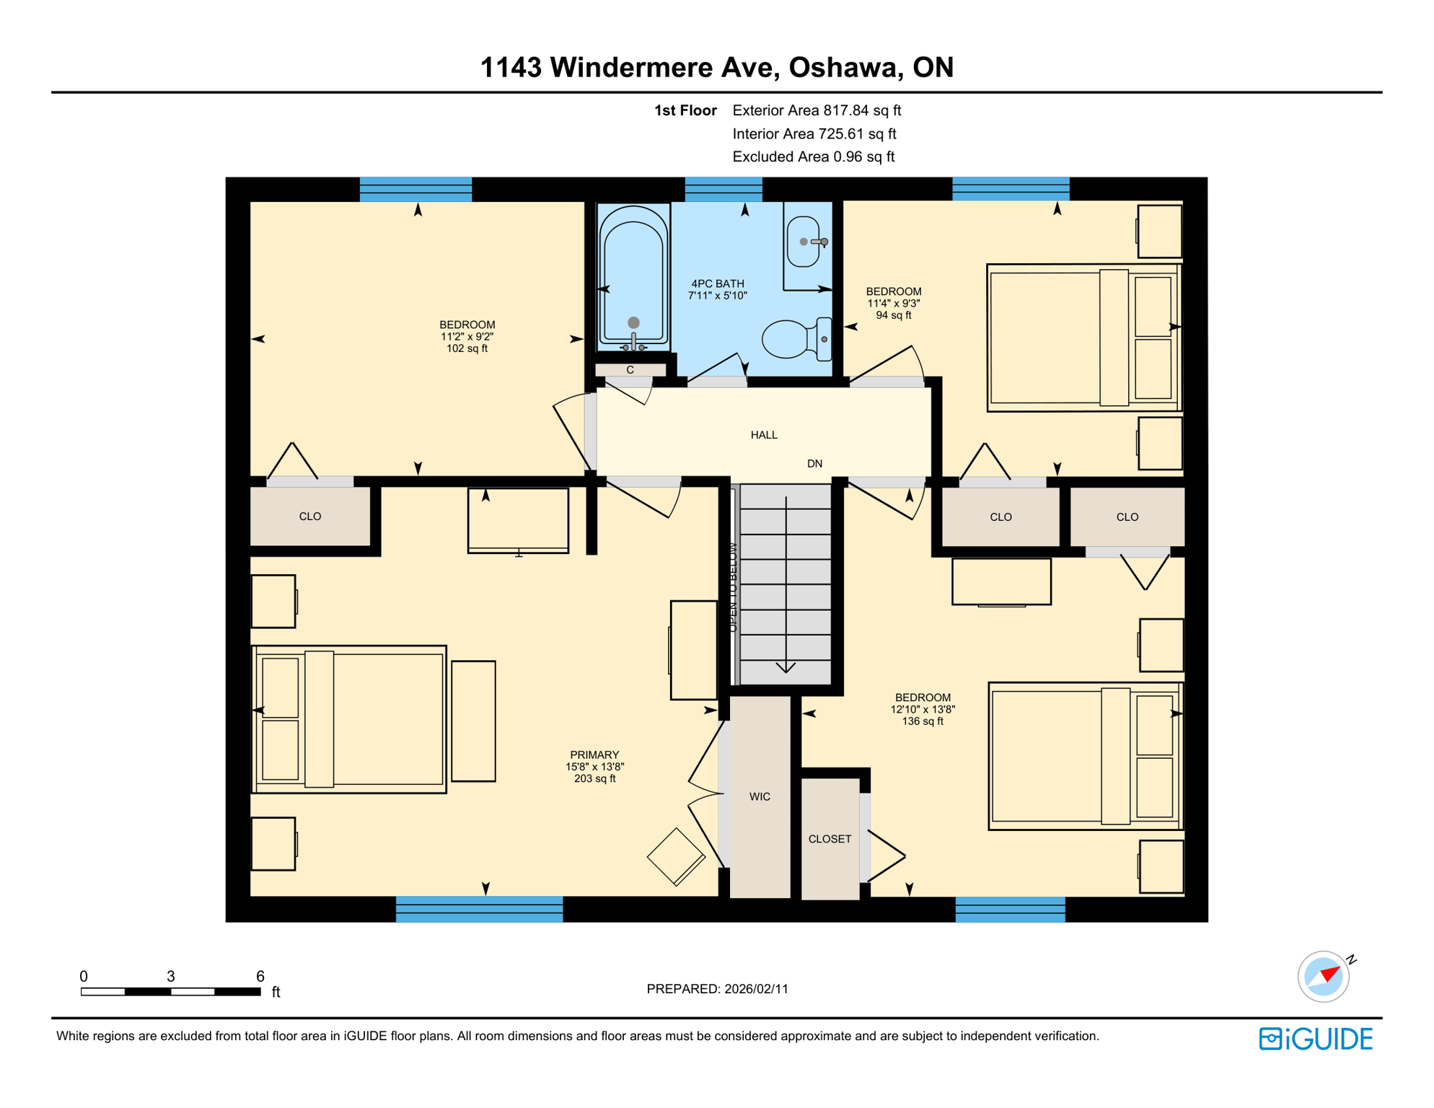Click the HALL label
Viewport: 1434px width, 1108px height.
764,435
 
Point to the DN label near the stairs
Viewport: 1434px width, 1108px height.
814,464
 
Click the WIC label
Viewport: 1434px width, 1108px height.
760,796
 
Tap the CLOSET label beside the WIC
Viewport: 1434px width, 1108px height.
830,839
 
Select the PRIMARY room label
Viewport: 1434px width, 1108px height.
594,755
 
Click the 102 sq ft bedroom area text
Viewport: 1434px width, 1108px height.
467,348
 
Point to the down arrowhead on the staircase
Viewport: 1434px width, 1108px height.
786,667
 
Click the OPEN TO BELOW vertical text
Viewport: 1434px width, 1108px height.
733,587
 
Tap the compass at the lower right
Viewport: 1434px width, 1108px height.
1323,977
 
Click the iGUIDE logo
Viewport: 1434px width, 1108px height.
1316,1039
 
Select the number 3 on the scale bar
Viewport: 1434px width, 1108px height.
170,976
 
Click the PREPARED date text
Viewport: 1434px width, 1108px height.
717,989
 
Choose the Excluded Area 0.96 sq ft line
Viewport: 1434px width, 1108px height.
813,157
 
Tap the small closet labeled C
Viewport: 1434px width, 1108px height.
630,370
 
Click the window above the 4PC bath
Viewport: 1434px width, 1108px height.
723,189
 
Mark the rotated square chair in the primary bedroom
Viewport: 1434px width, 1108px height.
676,856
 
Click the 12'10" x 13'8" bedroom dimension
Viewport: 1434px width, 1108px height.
923,709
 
